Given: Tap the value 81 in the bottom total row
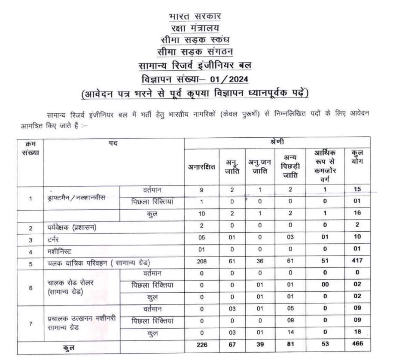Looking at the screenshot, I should point(292,345).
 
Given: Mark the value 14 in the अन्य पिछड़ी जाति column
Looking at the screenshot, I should point(292,333).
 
